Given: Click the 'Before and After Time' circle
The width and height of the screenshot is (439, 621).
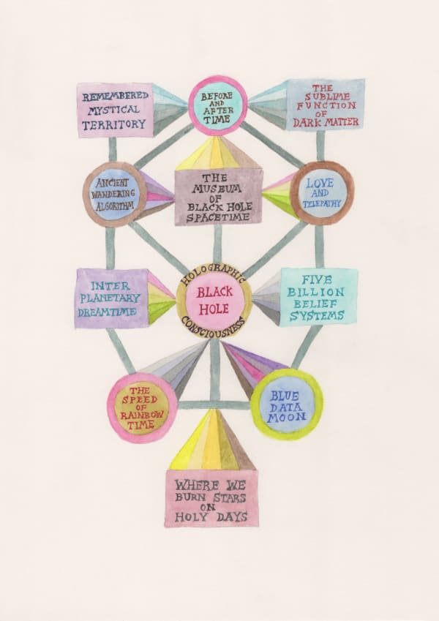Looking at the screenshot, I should point(217,106).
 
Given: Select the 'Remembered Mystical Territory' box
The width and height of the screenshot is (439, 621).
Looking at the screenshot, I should point(115,110).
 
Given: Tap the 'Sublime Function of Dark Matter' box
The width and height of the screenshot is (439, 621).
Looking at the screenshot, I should point(326,105).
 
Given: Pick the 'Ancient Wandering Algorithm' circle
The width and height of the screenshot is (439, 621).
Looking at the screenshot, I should point(114,194).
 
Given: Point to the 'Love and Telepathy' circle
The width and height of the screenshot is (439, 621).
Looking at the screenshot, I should point(322,192).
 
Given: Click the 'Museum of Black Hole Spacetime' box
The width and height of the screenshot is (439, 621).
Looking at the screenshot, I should point(218,196).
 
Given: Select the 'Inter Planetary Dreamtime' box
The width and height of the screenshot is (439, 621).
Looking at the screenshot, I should point(111,298).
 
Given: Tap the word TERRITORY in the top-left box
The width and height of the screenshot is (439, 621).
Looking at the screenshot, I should point(114,125).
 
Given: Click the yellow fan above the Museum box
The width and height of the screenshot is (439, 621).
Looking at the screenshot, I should point(217,154).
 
